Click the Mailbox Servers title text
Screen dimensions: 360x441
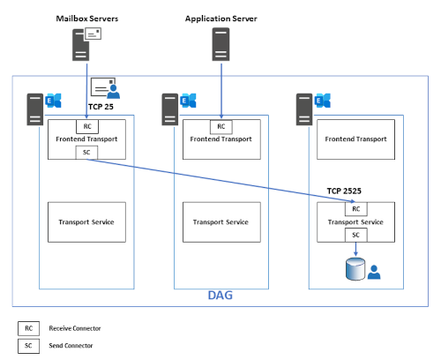pos(87,18)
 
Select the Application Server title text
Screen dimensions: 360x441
pos(220,18)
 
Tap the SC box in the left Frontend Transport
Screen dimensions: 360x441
pos(86,152)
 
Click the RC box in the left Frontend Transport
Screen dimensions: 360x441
pos(86,124)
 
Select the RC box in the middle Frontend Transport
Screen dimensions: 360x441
pos(220,124)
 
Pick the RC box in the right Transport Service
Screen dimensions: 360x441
pos(355,208)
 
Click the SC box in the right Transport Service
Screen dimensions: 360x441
pos(355,236)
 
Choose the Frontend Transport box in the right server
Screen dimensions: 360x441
pos(355,139)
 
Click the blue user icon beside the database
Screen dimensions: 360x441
pos(374,272)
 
